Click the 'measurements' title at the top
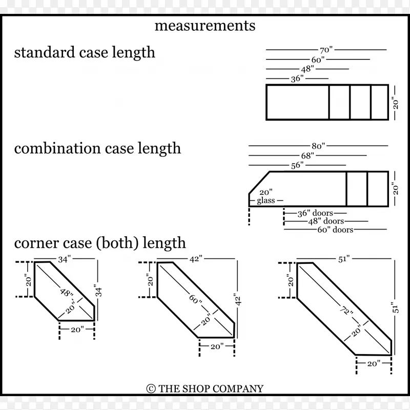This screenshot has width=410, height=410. (205, 26)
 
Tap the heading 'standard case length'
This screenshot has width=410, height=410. (85, 52)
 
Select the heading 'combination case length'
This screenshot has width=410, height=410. (97, 149)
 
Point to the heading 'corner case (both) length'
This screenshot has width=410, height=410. (100, 242)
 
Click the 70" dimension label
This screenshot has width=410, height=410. (326, 50)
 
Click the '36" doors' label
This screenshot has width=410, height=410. (315, 213)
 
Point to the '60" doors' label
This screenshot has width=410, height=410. (336, 230)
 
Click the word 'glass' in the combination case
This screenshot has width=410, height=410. (266, 200)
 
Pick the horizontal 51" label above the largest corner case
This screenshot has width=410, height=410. (343, 259)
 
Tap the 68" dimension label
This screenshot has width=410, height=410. (307, 155)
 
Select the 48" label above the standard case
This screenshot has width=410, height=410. (308, 69)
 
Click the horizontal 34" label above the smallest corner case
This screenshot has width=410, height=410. (64, 259)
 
